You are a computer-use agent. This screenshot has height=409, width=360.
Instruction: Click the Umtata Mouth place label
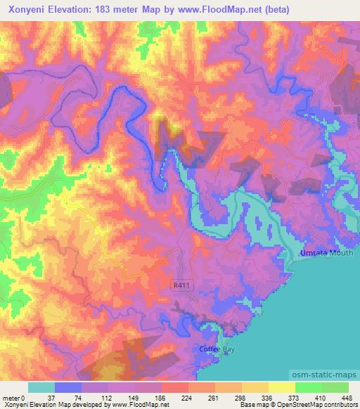coord(321,253)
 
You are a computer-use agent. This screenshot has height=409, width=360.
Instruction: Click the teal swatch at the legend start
coord(41,387)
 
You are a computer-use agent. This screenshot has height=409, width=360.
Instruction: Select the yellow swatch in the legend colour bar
coord(281,387)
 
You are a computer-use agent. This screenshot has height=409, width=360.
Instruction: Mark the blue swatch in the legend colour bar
coord(68,387)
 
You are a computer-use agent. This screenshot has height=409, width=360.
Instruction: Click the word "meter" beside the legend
coord(11,398)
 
